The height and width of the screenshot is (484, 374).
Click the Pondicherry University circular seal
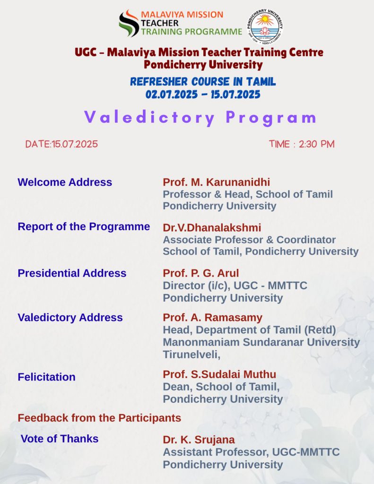(265, 27)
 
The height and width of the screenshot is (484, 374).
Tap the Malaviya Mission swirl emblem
(129, 23)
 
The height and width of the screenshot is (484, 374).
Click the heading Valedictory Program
(200, 118)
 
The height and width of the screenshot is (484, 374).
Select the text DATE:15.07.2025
(61, 144)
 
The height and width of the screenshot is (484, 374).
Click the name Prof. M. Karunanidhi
(216, 182)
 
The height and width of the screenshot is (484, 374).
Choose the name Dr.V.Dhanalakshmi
(212, 227)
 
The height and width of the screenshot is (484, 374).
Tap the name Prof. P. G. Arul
(201, 273)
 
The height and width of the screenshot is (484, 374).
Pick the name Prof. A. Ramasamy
(212, 318)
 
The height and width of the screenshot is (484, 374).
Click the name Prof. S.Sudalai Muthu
(219, 374)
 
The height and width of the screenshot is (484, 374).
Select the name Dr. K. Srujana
(199, 440)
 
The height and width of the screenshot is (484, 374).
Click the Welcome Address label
(65, 182)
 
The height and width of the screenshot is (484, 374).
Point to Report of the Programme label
(84, 226)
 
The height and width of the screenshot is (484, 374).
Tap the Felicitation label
(46, 377)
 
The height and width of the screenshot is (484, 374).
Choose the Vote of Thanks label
(59, 439)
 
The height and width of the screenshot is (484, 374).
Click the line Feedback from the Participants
(99, 418)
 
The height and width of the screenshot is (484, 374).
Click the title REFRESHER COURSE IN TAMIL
(202, 82)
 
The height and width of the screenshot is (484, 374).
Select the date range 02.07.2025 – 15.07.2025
(202, 95)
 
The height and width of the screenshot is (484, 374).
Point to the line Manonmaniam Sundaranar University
(261, 342)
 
